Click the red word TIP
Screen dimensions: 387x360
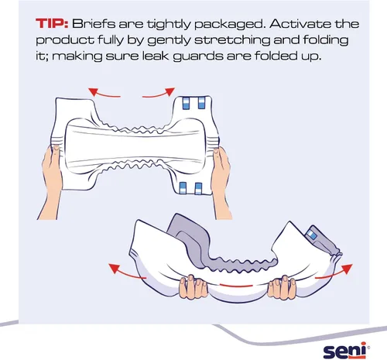point(52,24)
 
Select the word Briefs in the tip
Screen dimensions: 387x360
point(93,24)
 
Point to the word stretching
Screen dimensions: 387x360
point(231,40)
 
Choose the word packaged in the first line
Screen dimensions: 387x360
point(231,24)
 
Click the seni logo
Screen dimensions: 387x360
point(347,350)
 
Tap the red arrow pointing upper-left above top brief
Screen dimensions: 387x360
point(103,93)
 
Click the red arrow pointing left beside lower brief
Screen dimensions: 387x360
point(126,272)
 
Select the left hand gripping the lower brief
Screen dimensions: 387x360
point(193,286)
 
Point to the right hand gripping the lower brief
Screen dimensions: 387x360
point(282,286)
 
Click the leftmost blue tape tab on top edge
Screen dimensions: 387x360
point(186,103)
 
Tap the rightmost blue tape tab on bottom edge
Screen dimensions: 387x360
point(198,188)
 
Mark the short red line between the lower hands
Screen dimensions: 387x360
point(237,286)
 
